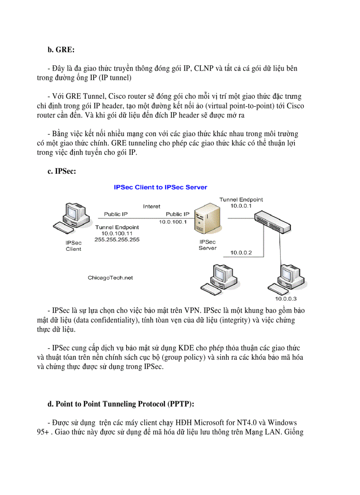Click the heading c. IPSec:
tap(62, 171)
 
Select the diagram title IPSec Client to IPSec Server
tap(160, 187)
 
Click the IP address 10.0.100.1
tap(173, 222)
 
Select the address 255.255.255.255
tap(117, 239)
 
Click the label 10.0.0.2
tap(240, 253)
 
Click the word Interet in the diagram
tap(151, 206)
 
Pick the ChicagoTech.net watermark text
tap(110, 278)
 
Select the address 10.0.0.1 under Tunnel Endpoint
tap(241, 206)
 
